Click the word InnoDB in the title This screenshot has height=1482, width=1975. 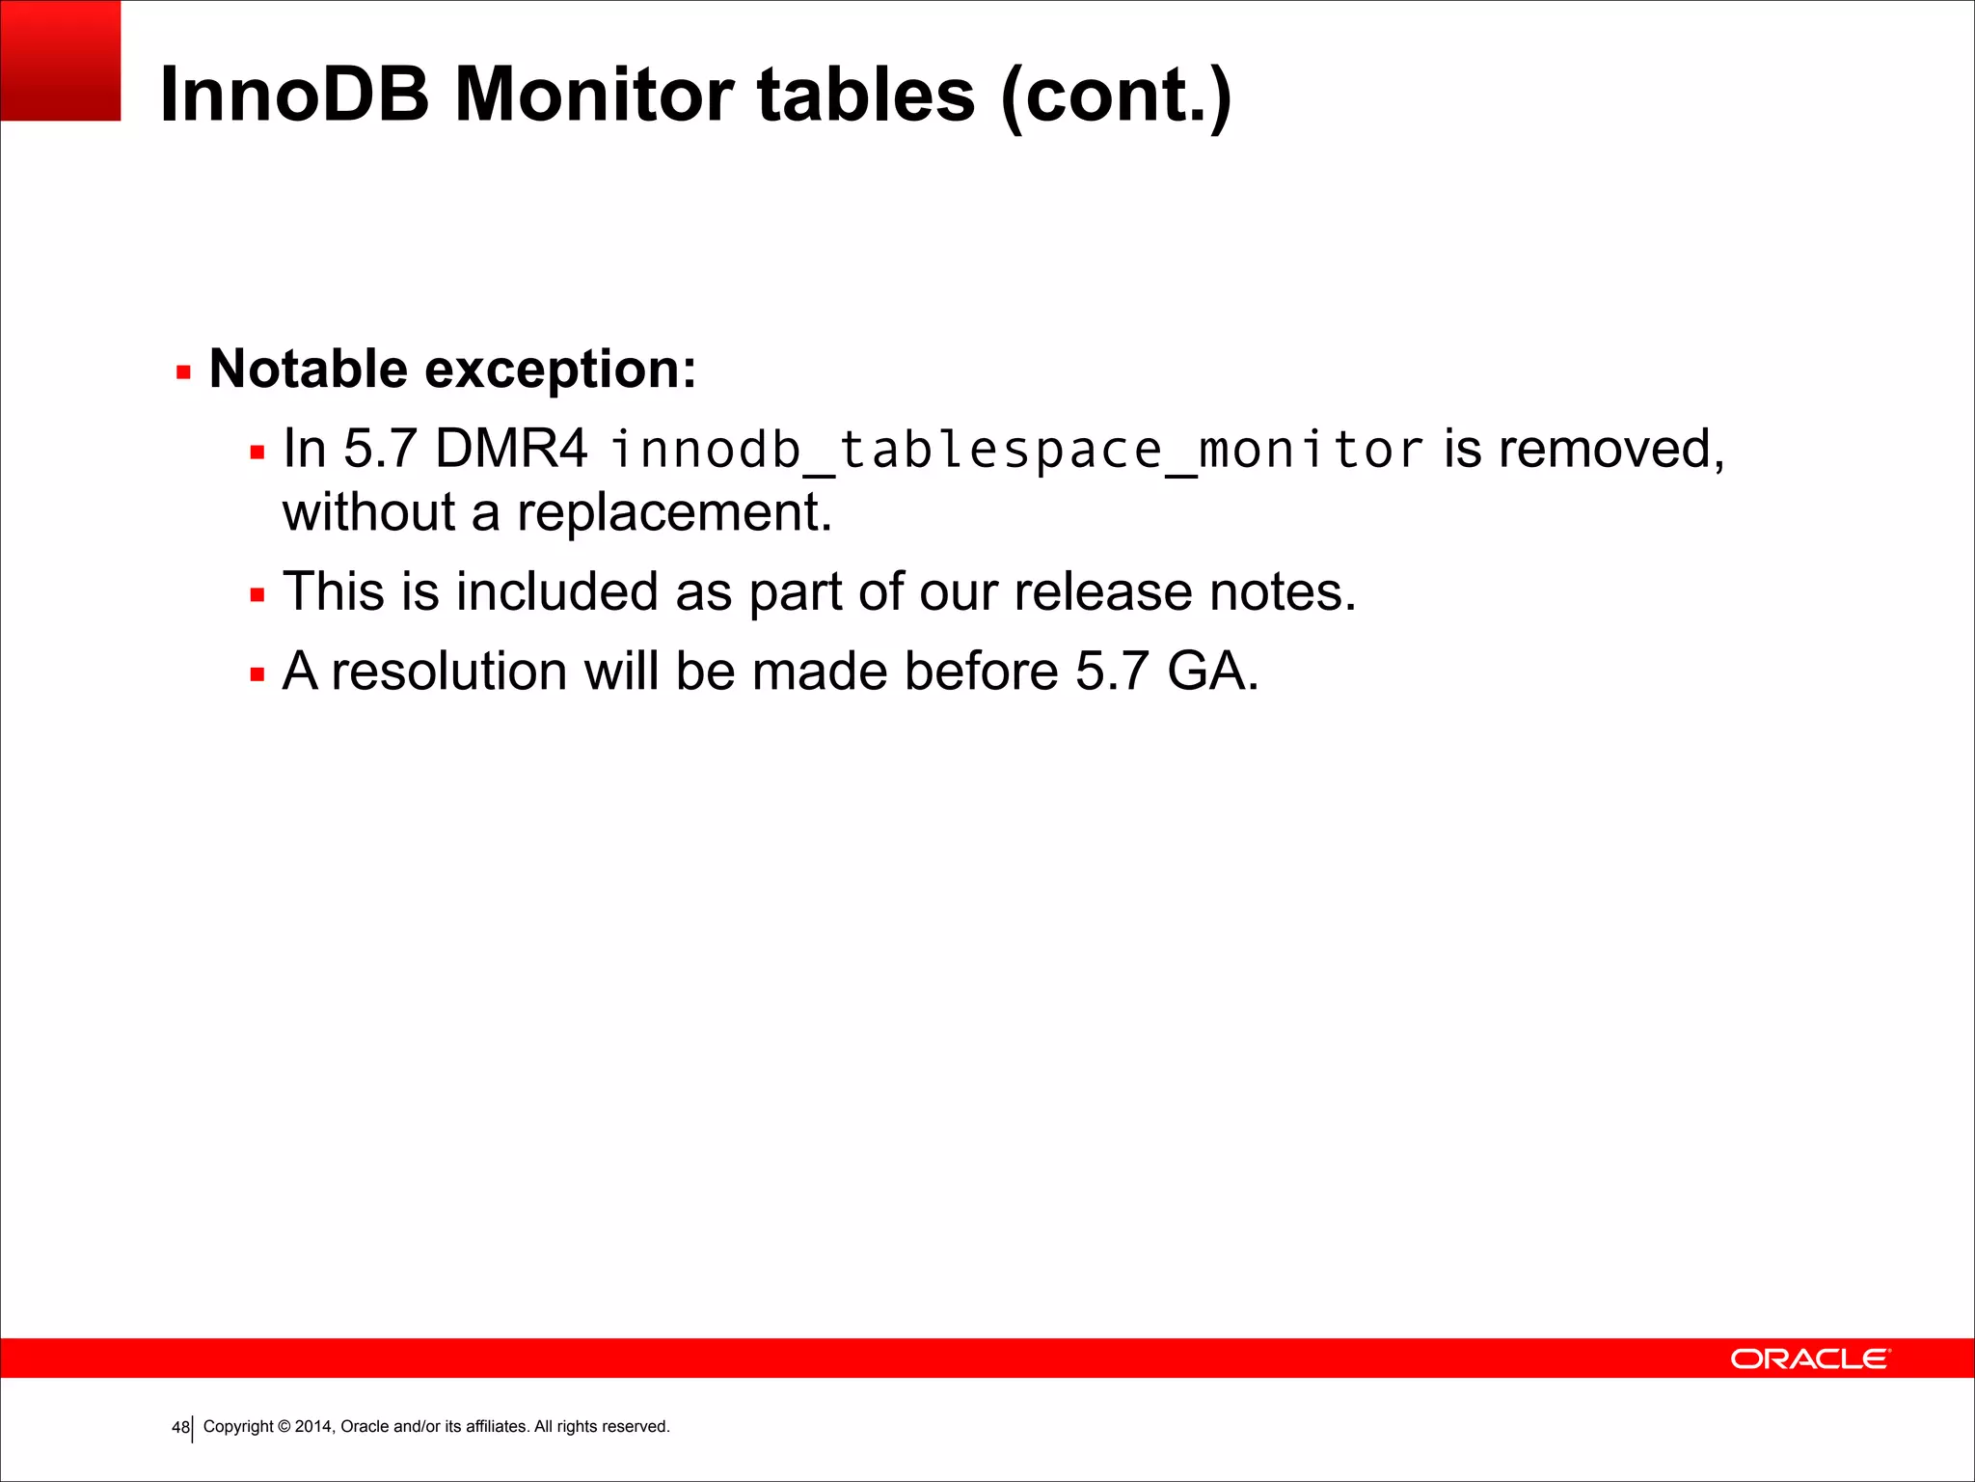tap(294, 95)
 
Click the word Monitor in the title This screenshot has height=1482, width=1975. tap(593, 95)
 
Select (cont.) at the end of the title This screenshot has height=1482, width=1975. tap(1116, 96)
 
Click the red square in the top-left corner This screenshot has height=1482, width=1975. tap(60, 60)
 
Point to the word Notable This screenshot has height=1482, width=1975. tap(308, 369)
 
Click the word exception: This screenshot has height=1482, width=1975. tap(560, 370)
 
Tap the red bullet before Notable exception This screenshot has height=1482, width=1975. tap(183, 372)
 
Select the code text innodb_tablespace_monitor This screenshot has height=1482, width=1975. tap(1016, 451)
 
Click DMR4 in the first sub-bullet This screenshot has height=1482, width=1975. tap(511, 449)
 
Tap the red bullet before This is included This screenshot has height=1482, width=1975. tap(257, 595)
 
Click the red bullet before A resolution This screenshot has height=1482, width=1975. tap(257, 674)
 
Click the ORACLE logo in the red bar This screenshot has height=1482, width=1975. tap(1810, 1358)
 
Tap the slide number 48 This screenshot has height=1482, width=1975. tap(179, 1427)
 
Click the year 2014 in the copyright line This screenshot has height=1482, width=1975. tap(313, 1426)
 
